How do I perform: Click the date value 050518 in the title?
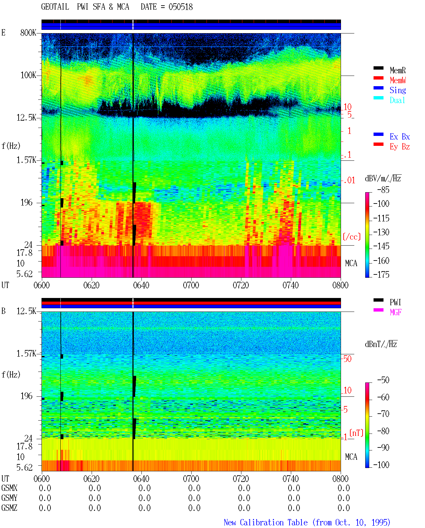click(x=181, y=7)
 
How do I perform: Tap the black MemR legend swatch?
click(x=378, y=68)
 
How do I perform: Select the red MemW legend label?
click(x=398, y=80)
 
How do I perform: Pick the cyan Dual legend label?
click(x=397, y=100)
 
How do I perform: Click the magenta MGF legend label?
click(x=395, y=312)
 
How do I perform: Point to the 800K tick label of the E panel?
click(x=28, y=32)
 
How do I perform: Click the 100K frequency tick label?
click(x=28, y=75)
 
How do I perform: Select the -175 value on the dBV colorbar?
click(x=381, y=274)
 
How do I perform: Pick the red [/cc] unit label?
click(x=352, y=237)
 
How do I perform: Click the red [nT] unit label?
click(x=356, y=433)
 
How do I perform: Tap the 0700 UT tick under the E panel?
click(x=191, y=285)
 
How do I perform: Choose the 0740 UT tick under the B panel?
click(x=291, y=479)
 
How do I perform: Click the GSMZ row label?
click(x=9, y=508)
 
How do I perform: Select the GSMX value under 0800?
click(x=344, y=488)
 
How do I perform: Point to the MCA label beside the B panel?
click(x=351, y=457)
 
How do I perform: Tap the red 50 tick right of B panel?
click(x=347, y=359)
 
